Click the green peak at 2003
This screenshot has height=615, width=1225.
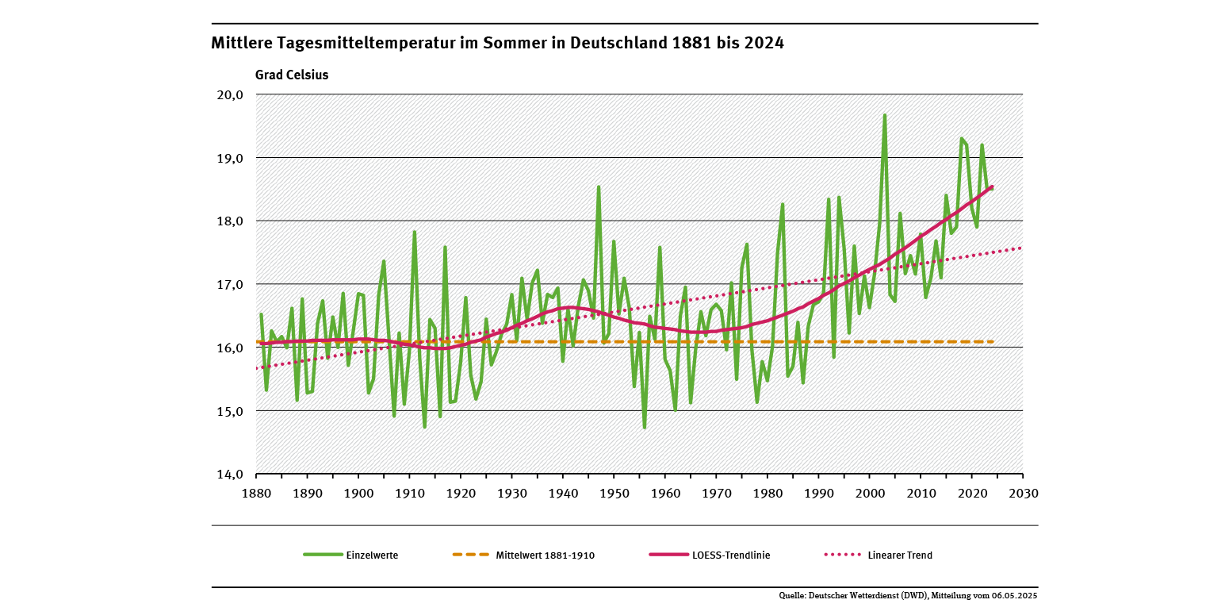885,115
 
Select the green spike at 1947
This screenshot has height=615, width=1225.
599,187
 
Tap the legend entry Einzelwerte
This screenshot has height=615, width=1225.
372,555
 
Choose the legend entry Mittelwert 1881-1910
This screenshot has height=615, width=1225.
545,555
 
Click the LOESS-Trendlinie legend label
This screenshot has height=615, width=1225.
730,555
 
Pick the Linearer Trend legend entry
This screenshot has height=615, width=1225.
899,555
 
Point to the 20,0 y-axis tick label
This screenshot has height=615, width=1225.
230,94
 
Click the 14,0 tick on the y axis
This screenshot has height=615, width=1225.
230,475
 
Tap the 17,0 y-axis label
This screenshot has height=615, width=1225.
230,284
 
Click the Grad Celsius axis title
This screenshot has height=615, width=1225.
292,75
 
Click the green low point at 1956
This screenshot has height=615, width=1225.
645,428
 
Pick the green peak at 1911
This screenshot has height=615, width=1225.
415,232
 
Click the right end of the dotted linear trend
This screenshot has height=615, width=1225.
1022,248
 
